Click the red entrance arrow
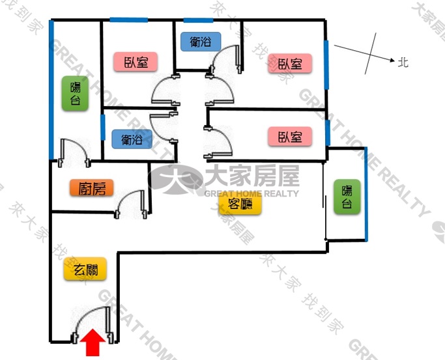[x=93, y=342]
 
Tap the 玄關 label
[x=85, y=269]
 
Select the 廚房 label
[x=92, y=187]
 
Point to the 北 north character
[x=403, y=62]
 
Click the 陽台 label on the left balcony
[x=75, y=93]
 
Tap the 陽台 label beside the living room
[x=347, y=197]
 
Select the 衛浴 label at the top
[x=201, y=42]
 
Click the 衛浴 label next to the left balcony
[x=132, y=139]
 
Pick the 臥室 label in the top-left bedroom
[x=136, y=61]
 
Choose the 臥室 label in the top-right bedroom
[x=290, y=63]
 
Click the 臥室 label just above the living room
[x=290, y=137]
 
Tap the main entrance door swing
[x=93, y=325]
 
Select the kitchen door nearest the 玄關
[x=131, y=204]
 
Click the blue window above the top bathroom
[x=198, y=20]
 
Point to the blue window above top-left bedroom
[x=128, y=20]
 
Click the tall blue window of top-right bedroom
[x=326, y=64]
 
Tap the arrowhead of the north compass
[x=392, y=60]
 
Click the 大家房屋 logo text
[x=252, y=176]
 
